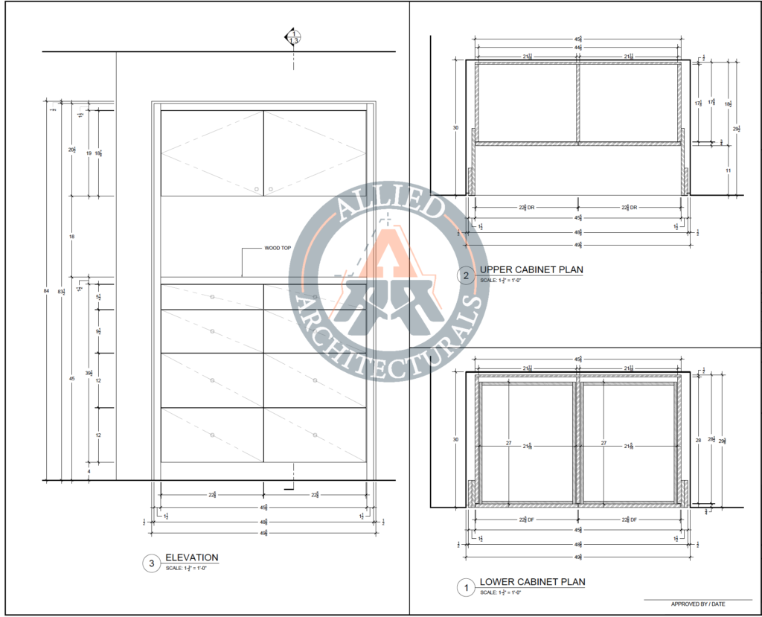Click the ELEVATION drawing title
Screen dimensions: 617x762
191,557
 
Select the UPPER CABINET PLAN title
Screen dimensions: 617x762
531,269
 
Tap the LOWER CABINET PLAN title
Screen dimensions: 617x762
532,582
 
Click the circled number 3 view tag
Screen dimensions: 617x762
152,564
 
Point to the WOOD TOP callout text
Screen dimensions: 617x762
278,248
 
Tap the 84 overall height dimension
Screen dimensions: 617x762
48,291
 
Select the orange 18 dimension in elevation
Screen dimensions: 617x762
72,237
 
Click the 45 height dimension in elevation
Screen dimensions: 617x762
72,379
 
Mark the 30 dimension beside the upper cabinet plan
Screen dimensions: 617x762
455,128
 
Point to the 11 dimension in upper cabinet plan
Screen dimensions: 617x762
728,170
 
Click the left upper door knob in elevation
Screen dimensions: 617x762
256,189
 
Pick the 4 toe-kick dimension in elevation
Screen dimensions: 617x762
88,472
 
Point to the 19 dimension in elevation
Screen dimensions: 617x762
89,153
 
